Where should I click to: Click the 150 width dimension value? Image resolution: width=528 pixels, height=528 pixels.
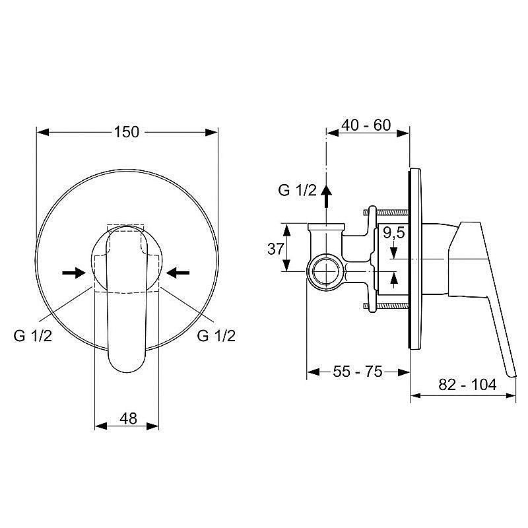click(x=126, y=132)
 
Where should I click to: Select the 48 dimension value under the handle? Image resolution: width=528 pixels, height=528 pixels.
click(x=128, y=418)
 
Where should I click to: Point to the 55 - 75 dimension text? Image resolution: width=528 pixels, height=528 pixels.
click(x=358, y=372)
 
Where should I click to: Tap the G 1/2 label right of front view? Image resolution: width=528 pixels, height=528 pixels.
click(x=216, y=335)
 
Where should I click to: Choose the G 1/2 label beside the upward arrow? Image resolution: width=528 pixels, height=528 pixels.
click(x=298, y=190)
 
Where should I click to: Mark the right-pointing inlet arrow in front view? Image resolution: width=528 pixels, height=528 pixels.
click(x=73, y=271)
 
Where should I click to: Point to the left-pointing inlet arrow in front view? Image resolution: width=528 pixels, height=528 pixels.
click(x=178, y=271)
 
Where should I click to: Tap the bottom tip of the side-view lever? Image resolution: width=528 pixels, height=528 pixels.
click(x=510, y=375)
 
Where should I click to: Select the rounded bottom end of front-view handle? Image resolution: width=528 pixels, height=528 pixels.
click(x=127, y=366)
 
